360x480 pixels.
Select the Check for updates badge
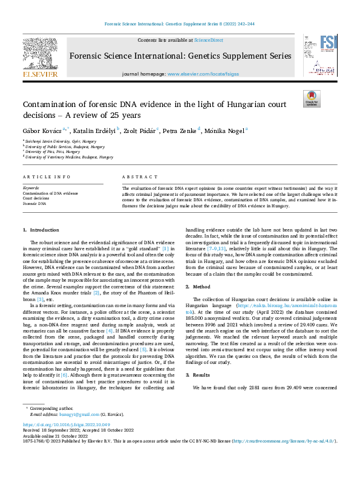point(311,98)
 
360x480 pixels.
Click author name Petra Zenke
point(179,130)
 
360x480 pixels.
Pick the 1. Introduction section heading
point(41,230)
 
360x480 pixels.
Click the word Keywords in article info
point(31,188)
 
